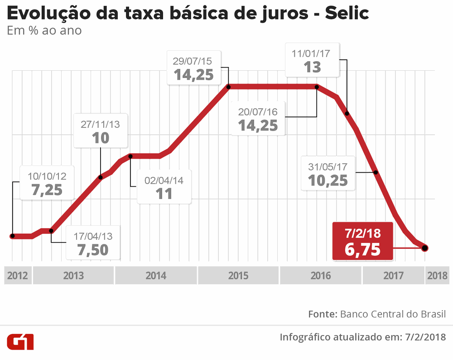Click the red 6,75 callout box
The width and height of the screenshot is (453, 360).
pyautogui.click(x=362, y=241)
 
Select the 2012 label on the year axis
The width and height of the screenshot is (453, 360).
pyautogui.click(x=18, y=275)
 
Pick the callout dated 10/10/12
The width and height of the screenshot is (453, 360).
pyautogui.click(x=47, y=184)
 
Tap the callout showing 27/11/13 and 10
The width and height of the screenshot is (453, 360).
pyautogui.click(x=101, y=131)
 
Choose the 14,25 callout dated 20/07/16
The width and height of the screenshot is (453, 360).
pyautogui.click(x=258, y=119)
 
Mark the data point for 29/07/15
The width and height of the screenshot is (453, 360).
pyautogui.click(x=229, y=87)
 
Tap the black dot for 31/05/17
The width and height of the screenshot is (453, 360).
pyautogui.click(x=376, y=172)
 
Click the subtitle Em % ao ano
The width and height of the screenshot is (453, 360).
pyautogui.click(x=44, y=31)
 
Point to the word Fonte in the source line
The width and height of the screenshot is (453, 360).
pyautogui.click(x=322, y=314)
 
